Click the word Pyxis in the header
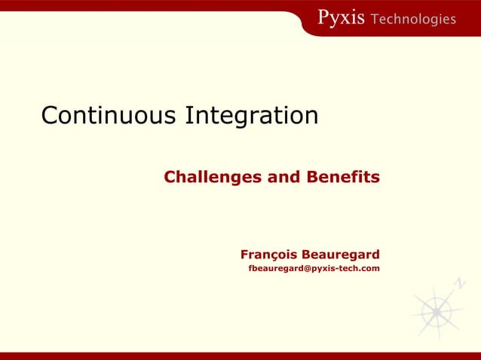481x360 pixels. [x=341, y=18]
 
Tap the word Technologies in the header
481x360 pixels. [x=414, y=19]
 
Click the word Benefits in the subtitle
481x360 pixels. [x=343, y=178]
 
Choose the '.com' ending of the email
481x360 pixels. [x=369, y=268]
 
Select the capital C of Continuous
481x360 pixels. [x=50, y=116]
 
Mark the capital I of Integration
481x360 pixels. [x=188, y=116]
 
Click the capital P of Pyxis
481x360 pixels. [x=323, y=18]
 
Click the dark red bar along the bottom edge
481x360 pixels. [x=240, y=355]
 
